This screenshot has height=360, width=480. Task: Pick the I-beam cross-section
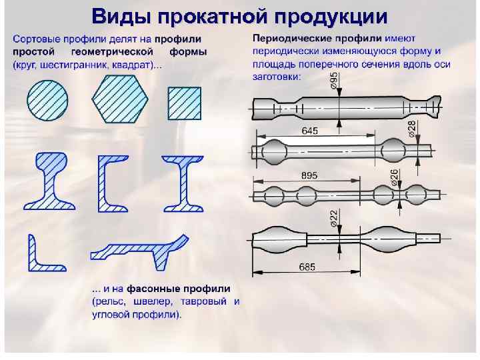pyautogui.click(x=182, y=183)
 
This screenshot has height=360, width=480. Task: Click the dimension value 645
pyautogui.click(x=309, y=131)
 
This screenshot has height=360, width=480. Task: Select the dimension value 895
pyautogui.click(x=309, y=175)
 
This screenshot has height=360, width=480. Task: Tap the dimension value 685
pyautogui.click(x=307, y=267)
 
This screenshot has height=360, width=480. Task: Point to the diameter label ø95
pyautogui.click(x=333, y=83)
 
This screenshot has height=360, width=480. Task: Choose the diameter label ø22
pyautogui.click(x=333, y=217)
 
